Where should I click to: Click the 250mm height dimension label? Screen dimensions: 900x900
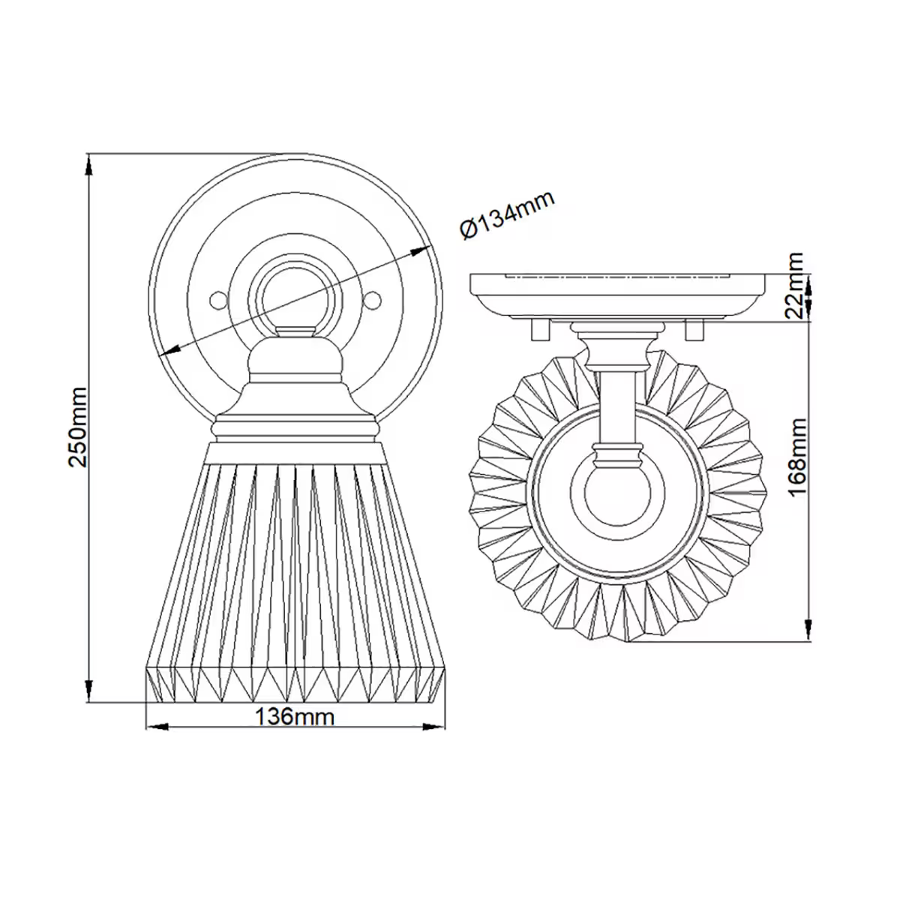78,427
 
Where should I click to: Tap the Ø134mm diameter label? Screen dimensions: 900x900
506,215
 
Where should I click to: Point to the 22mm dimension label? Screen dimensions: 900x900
796,286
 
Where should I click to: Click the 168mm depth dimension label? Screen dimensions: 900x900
796,456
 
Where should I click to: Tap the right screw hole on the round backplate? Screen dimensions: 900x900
373,299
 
